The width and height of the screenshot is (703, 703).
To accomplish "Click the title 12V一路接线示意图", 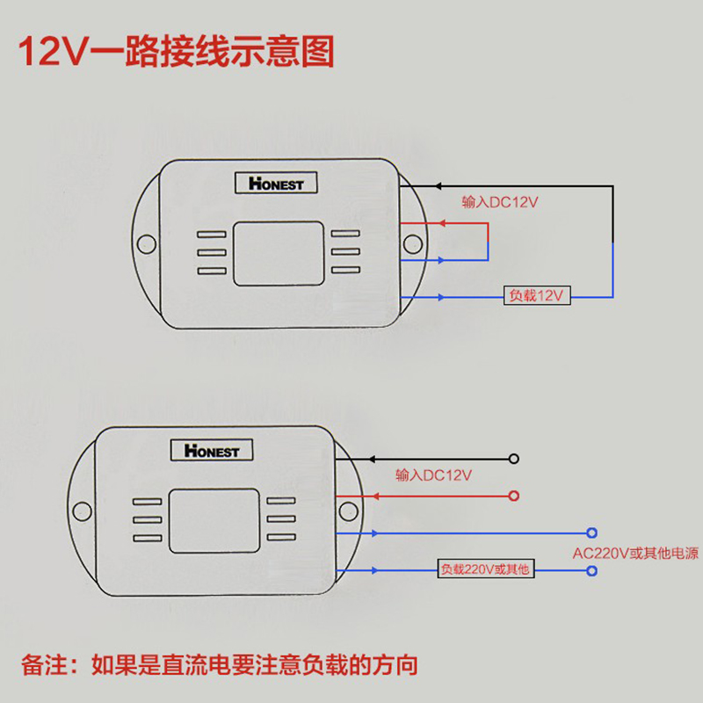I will [177, 51].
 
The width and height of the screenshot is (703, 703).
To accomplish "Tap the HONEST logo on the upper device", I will [276, 184].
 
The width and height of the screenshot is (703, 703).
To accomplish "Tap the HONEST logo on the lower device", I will [212, 451].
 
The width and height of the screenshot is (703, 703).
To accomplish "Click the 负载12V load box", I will [536, 296].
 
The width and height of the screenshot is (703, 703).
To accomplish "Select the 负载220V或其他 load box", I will [486, 569].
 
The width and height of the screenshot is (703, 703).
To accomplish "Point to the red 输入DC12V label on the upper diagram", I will [500, 202].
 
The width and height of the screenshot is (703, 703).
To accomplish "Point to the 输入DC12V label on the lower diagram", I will [434, 475].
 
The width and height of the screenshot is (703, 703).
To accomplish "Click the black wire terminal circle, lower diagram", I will [513, 459].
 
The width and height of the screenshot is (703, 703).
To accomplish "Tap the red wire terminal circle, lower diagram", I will [513, 496].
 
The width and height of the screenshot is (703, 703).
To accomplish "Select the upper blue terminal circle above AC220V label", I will [592, 533].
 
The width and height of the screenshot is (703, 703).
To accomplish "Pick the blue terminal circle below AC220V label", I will [592, 572].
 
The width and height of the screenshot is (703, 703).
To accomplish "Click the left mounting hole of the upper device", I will [147, 241].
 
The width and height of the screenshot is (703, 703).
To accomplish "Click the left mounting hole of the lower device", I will [82, 509].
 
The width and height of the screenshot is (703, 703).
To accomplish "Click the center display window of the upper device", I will [278, 253].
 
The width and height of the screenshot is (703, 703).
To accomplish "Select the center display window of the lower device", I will [213, 520].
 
